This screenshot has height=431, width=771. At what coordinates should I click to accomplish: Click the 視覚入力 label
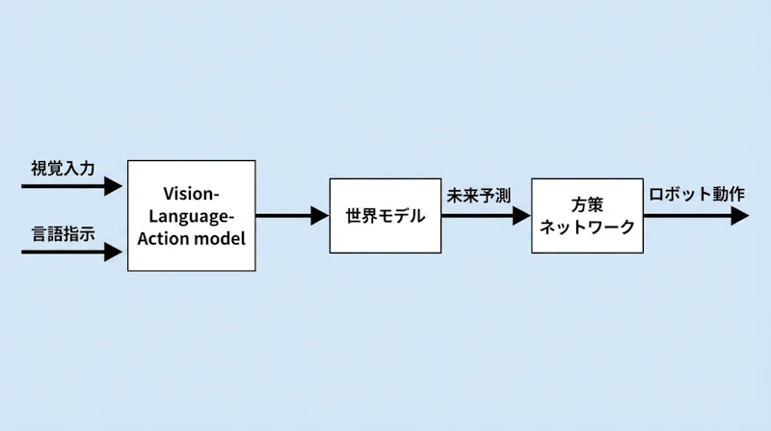63,168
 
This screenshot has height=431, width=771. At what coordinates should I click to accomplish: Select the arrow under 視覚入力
71,185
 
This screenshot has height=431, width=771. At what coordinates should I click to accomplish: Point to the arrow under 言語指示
71,253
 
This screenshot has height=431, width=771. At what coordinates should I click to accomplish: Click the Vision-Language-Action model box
192,215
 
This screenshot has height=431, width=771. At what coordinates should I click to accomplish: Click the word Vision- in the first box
192,193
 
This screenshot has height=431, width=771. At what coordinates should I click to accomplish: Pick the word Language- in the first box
192,215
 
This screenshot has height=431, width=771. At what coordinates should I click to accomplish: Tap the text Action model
192,237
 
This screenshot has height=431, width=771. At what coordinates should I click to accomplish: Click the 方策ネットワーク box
587,215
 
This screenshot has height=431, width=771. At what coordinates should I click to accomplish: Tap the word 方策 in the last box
587,204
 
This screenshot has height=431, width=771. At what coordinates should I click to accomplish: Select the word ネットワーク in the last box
587,228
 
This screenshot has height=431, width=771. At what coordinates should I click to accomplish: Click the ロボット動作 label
697,194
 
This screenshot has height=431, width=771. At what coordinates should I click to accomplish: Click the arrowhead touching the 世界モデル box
320,216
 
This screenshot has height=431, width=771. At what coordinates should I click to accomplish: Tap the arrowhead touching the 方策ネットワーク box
522,216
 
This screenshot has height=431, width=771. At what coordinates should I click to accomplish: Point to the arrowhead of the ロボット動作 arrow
739,216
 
